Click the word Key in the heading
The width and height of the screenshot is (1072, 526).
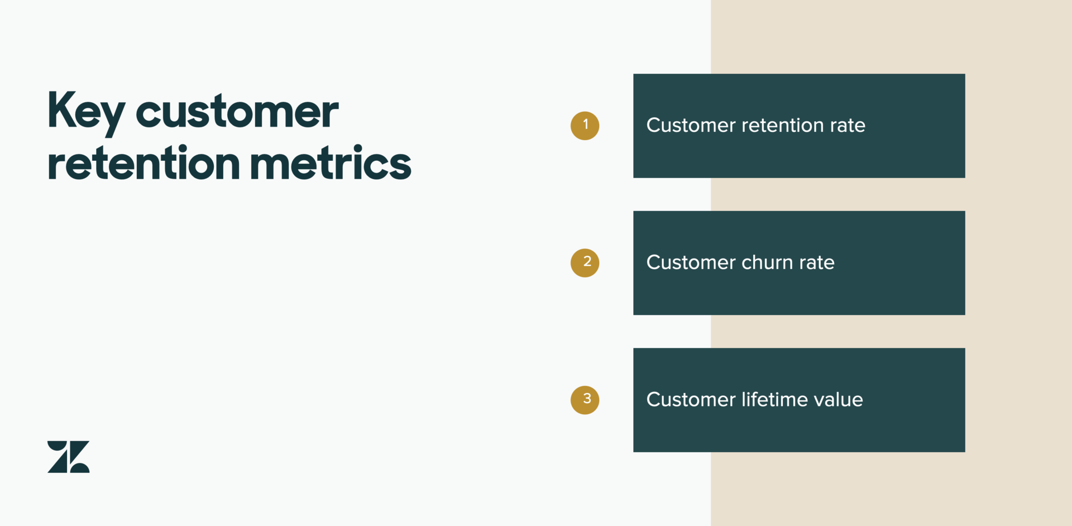click(86, 113)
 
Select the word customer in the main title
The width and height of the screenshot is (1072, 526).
click(237, 112)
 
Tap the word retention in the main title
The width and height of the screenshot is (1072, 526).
click(144, 164)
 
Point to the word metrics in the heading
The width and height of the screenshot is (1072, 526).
click(331, 162)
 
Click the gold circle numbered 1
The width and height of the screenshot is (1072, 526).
click(585, 126)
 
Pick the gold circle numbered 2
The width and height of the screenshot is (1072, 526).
click(585, 263)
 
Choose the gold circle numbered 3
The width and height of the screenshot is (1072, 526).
click(585, 400)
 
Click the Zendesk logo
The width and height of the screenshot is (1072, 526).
click(69, 457)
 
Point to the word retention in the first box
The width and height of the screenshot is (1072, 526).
click(782, 125)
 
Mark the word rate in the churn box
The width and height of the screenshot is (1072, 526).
click(817, 263)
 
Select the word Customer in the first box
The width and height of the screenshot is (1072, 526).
click(691, 125)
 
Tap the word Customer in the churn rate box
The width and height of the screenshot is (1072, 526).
click(691, 262)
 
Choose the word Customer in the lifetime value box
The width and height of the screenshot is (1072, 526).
click(691, 399)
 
